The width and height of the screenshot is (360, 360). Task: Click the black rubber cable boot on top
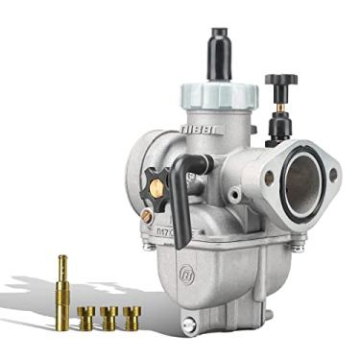coord(214,46)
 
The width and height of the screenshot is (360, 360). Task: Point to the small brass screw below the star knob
coord(146,218)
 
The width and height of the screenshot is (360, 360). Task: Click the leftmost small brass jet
coord(87,317)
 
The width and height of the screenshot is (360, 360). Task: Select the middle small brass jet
coord(109,317)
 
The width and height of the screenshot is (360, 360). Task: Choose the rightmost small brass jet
coord(132,317)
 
